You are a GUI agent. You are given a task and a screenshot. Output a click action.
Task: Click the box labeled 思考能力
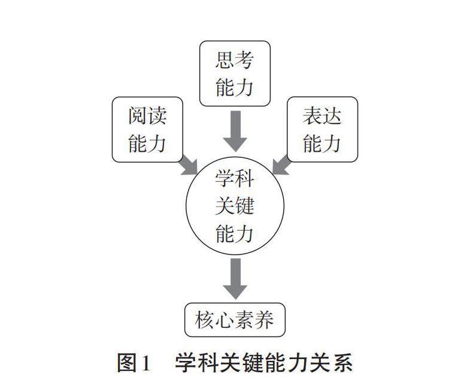click(x=235, y=73)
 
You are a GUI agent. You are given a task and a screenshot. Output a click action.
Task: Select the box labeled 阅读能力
click(x=147, y=129)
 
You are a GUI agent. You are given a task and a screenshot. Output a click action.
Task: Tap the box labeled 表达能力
click(x=322, y=129)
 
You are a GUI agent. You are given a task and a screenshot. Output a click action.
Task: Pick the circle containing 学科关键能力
click(x=235, y=206)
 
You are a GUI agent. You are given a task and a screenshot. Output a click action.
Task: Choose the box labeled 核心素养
click(x=235, y=320)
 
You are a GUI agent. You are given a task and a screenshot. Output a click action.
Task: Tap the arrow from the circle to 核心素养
click(x=235, y=278)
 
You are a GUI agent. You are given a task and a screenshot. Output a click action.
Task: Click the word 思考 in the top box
click(x=235, y=60)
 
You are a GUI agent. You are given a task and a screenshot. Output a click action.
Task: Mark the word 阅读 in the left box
click(x=147, y=117)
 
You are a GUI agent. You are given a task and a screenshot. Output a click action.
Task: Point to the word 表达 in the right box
click(x=322, y=117)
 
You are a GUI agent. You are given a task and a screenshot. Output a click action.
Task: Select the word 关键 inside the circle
click(x=235, y=206)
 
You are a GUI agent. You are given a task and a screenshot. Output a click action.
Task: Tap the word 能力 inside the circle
click(x=235, y=233)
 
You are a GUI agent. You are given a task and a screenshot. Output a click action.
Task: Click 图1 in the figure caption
click(x=134, y=363)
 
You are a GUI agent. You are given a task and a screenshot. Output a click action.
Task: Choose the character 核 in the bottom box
click(x=205, y=320)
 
